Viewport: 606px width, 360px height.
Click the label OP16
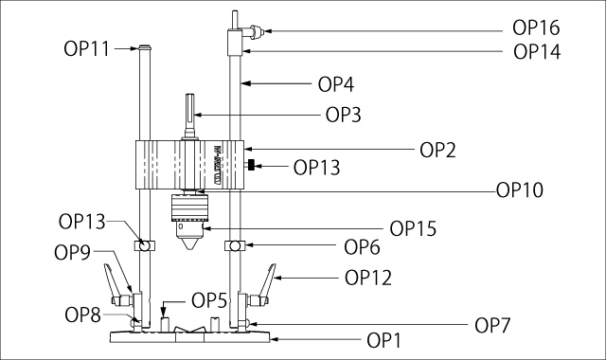[x=536, y=27]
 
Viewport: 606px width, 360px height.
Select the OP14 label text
[x=537, y=52]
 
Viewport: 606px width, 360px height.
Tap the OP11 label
[x=86, y=49]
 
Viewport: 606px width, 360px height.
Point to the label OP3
[x=343, y=115]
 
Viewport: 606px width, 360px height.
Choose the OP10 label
[x=520, y=189]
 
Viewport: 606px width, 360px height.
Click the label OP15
[x=413, y=228]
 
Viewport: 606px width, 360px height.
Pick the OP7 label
[x=492, y=326]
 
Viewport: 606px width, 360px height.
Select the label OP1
[x=383, y=341]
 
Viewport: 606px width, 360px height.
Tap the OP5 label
[x=209, y=300]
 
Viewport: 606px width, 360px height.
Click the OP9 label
[x=72, y=253]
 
